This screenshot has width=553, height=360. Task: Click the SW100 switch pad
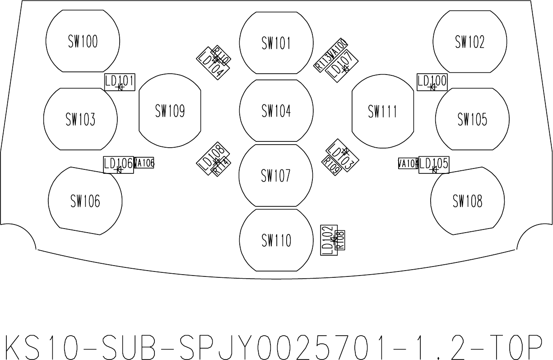[x=83, y=42]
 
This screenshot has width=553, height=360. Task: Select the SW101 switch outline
[x=276, y=43]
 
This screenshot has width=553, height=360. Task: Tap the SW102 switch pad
[x=469, y=42]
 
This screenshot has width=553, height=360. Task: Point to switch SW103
[x=80, y=119]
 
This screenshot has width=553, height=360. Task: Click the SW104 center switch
[x=276, y=111]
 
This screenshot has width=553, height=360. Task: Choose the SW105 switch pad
[x=472, y=119]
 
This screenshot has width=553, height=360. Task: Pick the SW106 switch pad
[x=85, y=201]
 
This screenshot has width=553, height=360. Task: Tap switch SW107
[x=275, y=175]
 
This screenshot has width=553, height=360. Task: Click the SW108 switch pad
[x=467, y=201]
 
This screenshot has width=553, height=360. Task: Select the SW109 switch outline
[x=170, y=111]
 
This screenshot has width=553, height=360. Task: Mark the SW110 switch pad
[x=276, y=240]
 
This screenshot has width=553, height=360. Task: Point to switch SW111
[x=382, y=111]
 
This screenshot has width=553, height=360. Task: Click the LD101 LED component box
[x=120, y=82]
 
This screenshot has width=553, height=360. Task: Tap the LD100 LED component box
[x=432, y=82]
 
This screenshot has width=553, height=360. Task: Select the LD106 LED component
[x=118, y=164]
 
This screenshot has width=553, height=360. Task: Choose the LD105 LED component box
[x=434, y=165]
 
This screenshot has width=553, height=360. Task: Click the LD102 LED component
[x=329, y=240]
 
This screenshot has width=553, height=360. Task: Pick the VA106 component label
[x=144, y=163]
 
